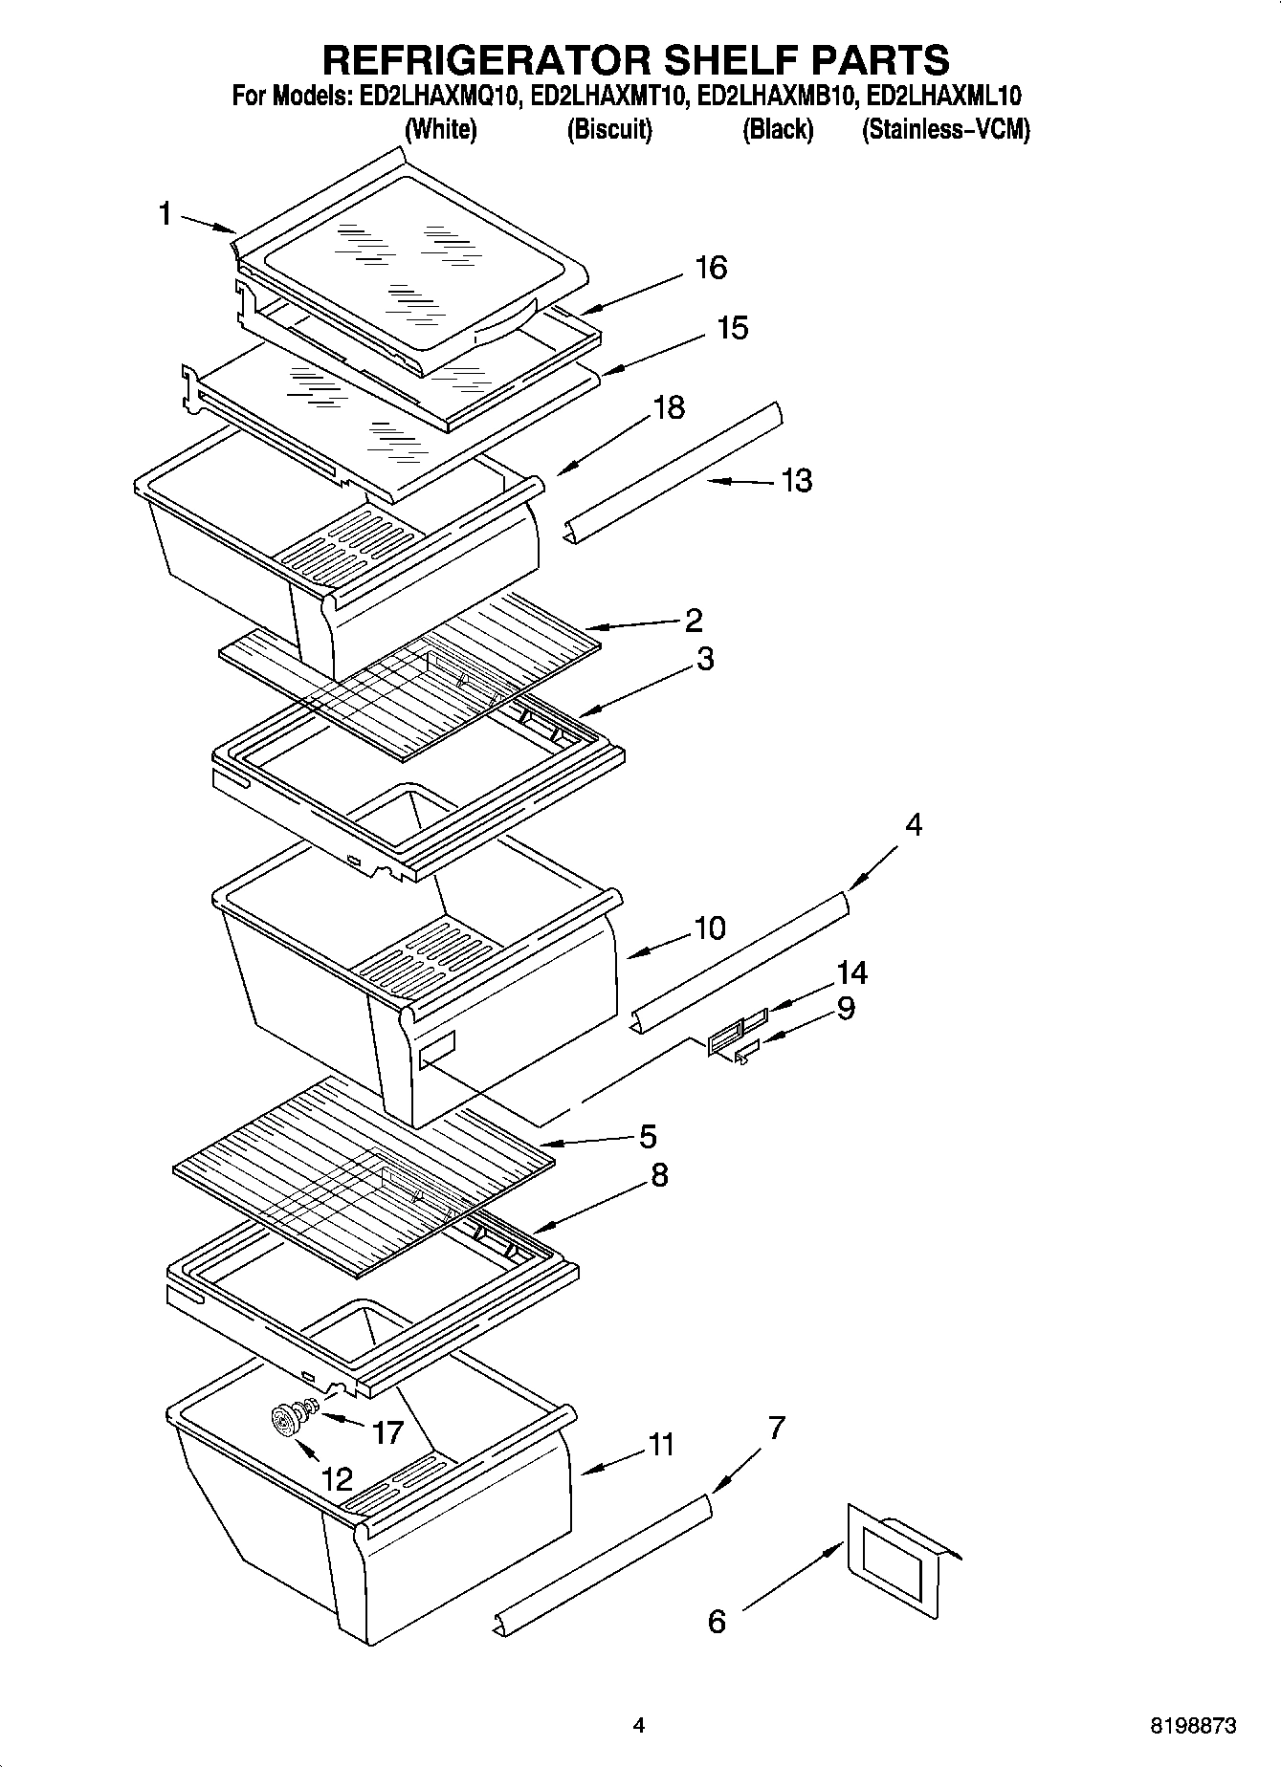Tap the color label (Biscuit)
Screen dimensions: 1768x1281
pyautogui.click(x=609, y=129)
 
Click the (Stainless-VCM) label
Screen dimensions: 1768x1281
pyautogui.click(x=945, y=129)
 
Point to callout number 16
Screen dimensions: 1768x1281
pyautogui.click(x=711, y=268)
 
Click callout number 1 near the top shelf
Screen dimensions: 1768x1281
pyautogui.click(x=165, y=214)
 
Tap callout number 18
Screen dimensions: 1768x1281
pyautogui.click(x=668, y=407)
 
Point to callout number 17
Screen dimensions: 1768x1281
pyautogui.click(x=387, y=1432)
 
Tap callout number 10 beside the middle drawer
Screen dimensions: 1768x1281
pyautogui.click(x=709, y=928)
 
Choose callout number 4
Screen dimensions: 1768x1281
pyautogui.click(x=913, y=824)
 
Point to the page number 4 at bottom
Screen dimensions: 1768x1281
pyautogui.click(x=639, y=1726)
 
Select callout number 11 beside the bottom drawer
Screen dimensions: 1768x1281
pyautogui.click(x=661, y=1444)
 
